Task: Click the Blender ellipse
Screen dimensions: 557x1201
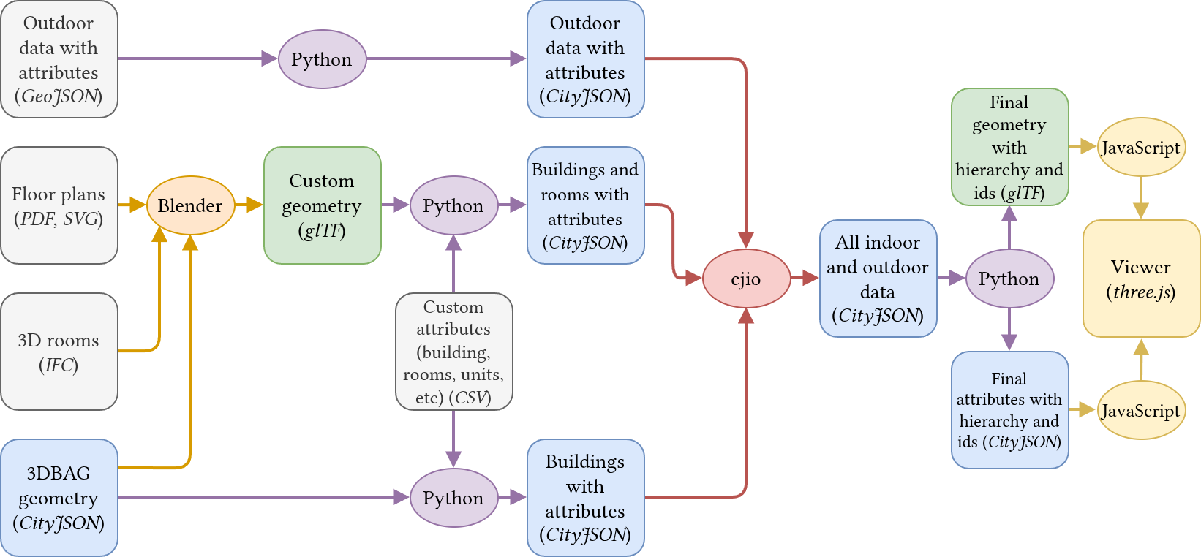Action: point(190,205)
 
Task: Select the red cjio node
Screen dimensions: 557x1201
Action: point(746,278)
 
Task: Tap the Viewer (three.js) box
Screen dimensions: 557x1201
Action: point(1141,278)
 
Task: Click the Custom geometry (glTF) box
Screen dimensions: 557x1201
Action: point(322,205)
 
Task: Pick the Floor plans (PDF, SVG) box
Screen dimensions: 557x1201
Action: point(59,205)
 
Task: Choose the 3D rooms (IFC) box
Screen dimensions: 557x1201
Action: point(59,352)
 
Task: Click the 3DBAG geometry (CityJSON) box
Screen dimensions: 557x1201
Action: point(59,498)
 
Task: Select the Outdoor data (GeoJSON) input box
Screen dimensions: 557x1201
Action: point(59,59)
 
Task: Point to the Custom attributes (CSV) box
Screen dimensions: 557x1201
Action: point(453,352)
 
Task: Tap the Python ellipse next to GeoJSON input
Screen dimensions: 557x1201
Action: point(322,59)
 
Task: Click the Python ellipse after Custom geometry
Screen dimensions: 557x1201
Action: point(453,205)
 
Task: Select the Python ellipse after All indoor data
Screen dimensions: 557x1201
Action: point(1009,278)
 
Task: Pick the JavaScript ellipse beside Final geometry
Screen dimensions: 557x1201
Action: point(1141,147)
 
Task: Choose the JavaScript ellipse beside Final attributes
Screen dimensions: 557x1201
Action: point(1141,410)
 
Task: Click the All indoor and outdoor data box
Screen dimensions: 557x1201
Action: point(878,278)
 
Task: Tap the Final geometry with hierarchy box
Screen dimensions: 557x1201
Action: point(1009,147)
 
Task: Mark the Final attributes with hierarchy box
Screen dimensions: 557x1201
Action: point(1009,410)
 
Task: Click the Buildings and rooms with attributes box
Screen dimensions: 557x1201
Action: point(585,205)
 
